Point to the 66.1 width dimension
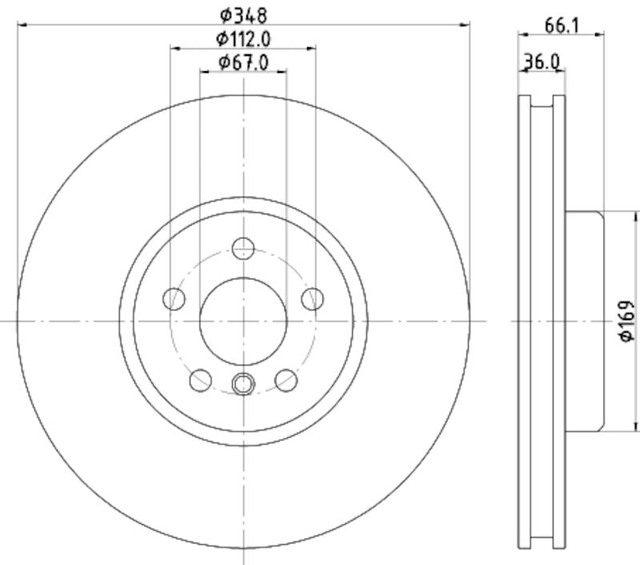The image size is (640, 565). pyautogui.click(x=562, y=25)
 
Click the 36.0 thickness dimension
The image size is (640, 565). pyautogui.click(x=542, y=61)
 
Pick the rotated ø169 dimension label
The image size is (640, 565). pyautogui.click(x=626, y=321)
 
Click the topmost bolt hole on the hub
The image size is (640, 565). pyautogui.click(x=243, y=248)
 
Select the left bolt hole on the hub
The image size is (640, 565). pyautogui.click(x=174, y=299)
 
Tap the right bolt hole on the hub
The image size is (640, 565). pyautogui.click(x=312, y=299)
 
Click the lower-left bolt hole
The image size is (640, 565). pyautogui.click(x=200, y=380)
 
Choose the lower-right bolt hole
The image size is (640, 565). pyautogui.click(x=286, y=380)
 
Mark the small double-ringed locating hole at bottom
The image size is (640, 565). pyautogui.click(x=242, y=384)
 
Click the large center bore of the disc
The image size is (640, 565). pyautogui.click(x=242, y=320)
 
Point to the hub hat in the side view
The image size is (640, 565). pyautogui.click(x=584, y=321)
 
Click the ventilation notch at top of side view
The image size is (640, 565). pyautogui.click(x=542, y=102)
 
